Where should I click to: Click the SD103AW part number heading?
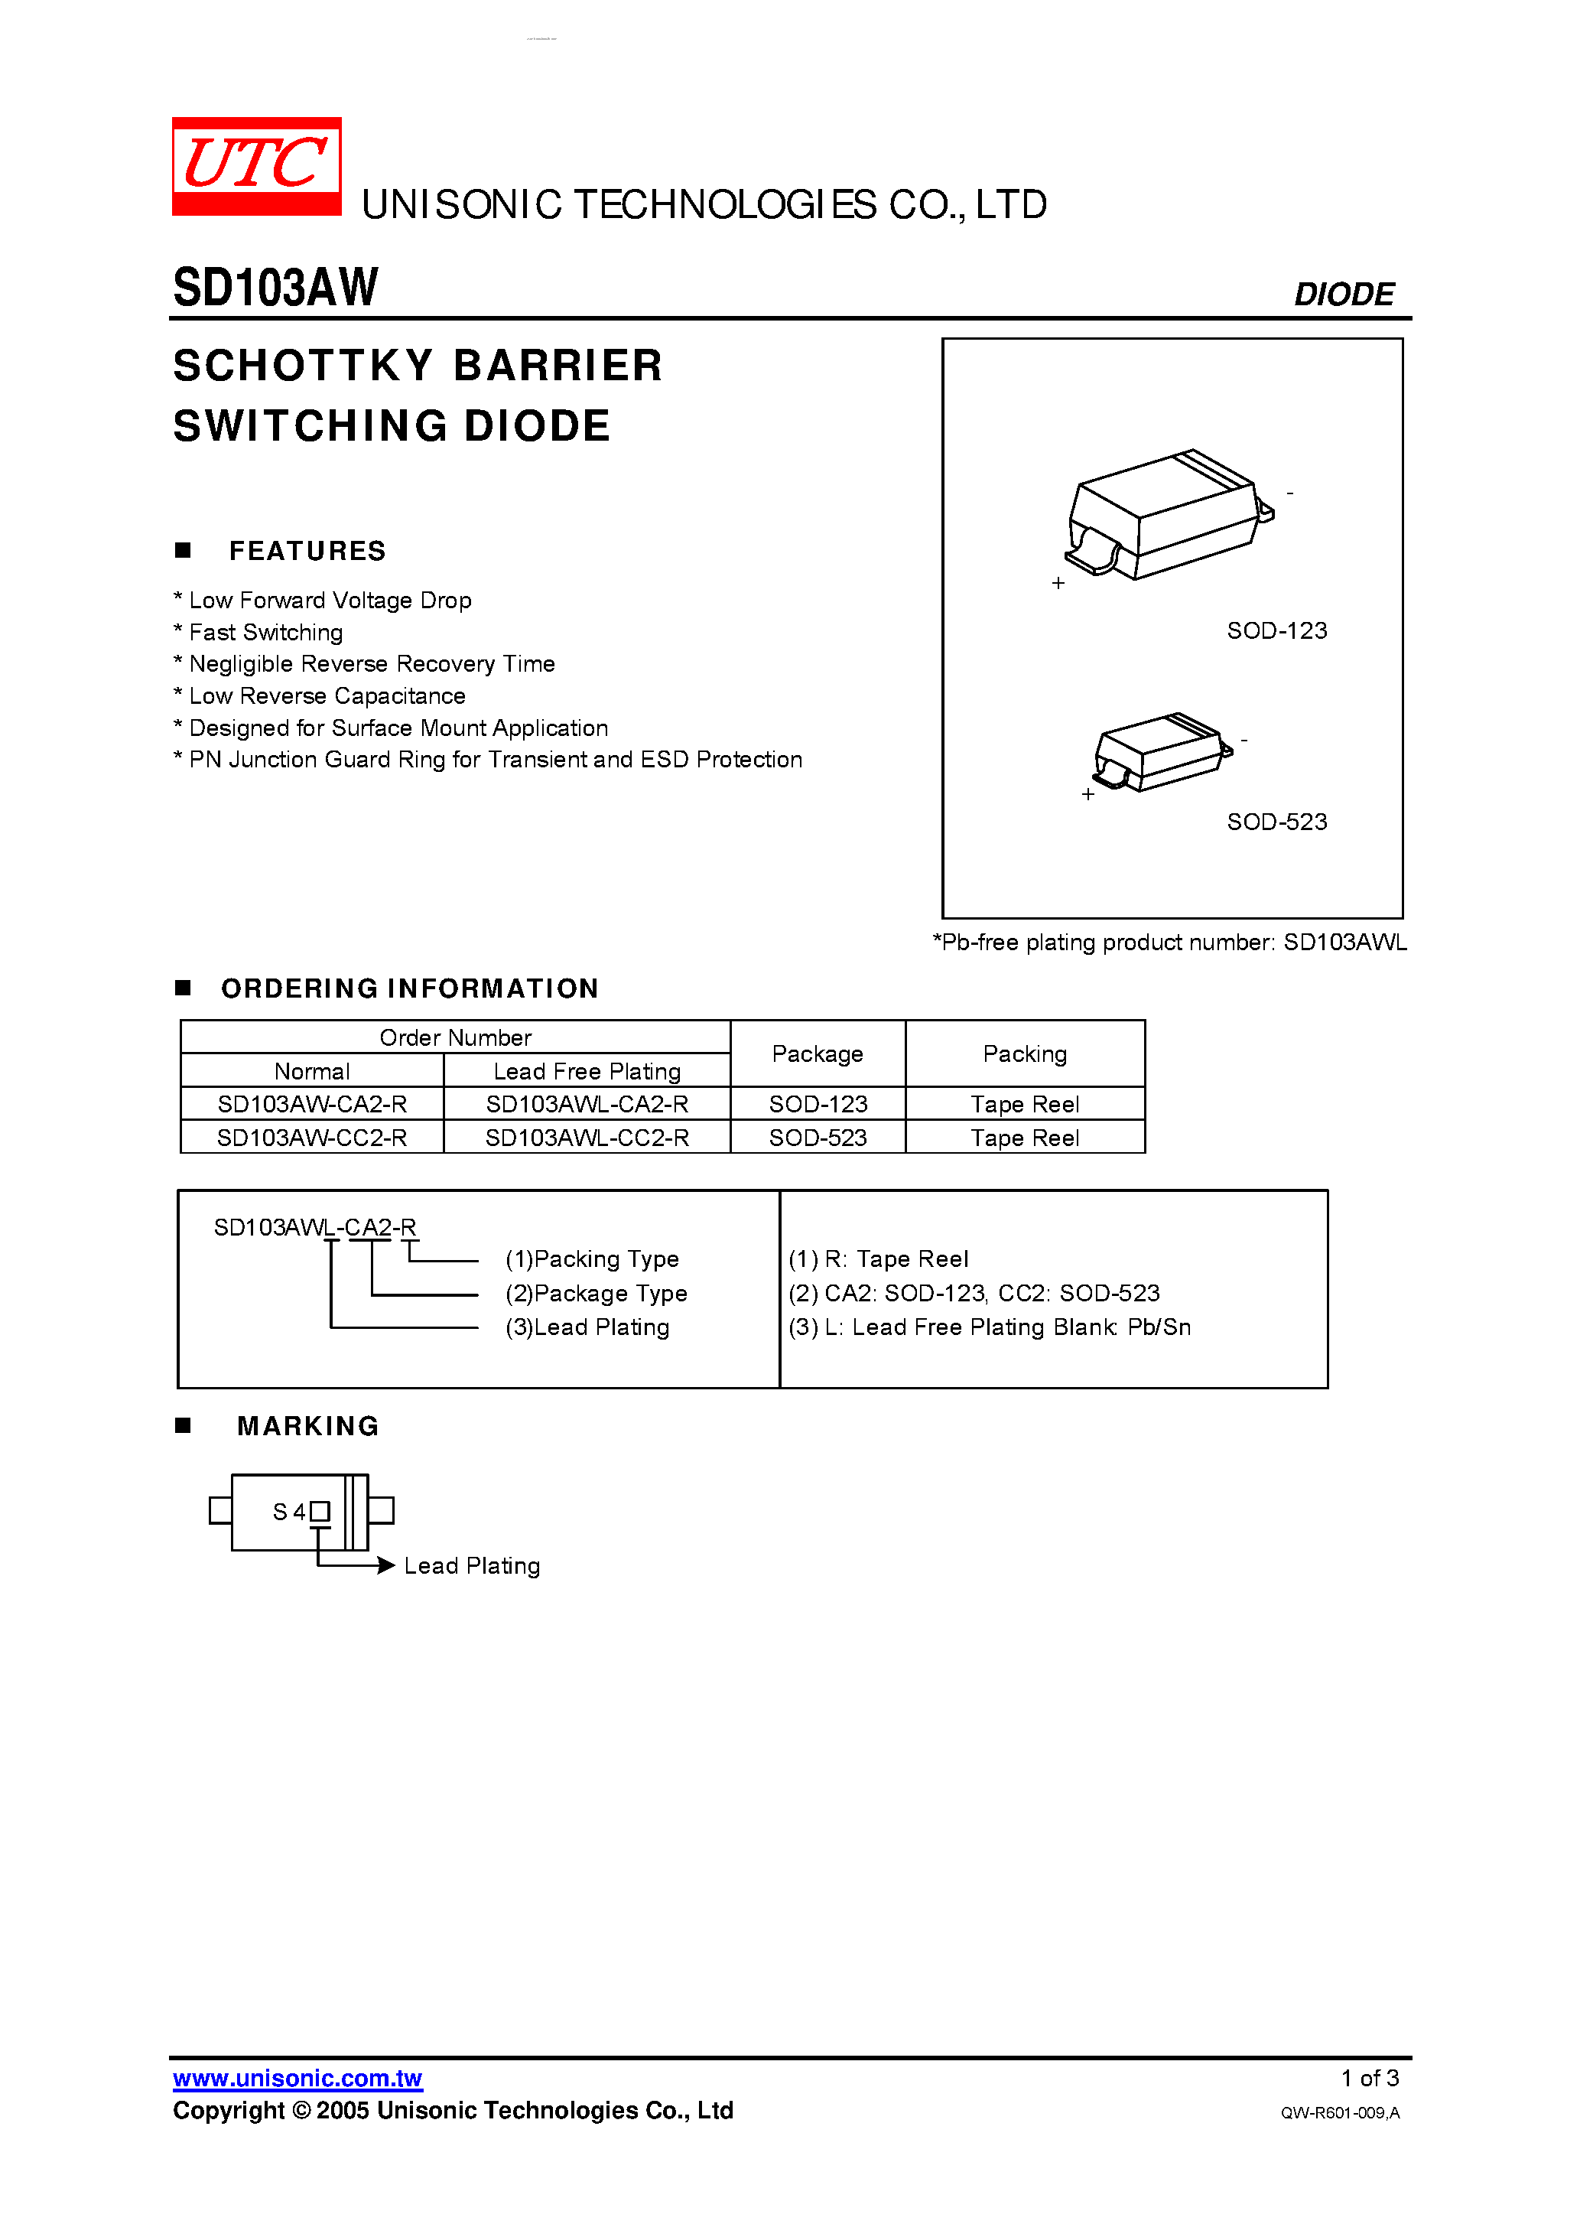point(275,288)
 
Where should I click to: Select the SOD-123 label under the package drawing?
point(1276,630)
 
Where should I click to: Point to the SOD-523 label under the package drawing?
point(1276,822)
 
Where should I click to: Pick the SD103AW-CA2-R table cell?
point(312,1104)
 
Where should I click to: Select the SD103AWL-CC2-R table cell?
point(587,1137)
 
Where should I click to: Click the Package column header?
point(818,1053)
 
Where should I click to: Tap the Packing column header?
point(1025,1053)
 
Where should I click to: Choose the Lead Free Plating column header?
point(587,1071)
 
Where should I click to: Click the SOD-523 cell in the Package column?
point(818,1137)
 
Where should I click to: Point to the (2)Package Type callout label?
point(597,1293)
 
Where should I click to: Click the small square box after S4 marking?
point(320,1511)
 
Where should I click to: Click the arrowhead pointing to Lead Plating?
point(385,1565)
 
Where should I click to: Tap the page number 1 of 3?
point(1369,2078)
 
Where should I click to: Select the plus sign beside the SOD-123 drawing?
point(1058,583)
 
